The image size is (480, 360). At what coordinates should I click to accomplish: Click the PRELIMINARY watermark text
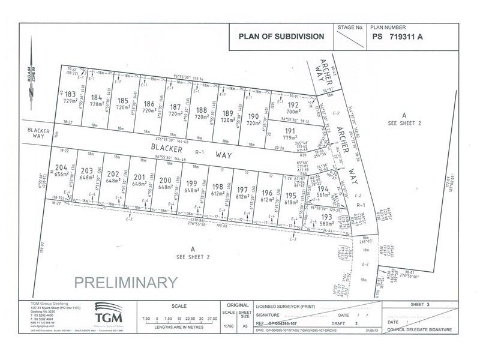pos(125,281)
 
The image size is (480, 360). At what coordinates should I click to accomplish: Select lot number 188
pos(201,110)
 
